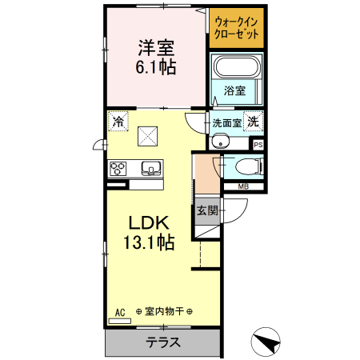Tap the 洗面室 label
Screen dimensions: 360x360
tap(226, 123)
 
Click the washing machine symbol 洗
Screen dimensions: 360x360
tap(252, 122)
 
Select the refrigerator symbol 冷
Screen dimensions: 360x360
tap(118, 122)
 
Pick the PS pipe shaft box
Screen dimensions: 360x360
tap(258, 145)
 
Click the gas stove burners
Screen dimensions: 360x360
tap(119, 168)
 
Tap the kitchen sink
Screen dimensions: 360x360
tap(150, 168)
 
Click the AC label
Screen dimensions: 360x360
tap(121, 310)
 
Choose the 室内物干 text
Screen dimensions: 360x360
tap(162, 310)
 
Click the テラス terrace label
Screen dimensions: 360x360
tap(162, 342)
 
